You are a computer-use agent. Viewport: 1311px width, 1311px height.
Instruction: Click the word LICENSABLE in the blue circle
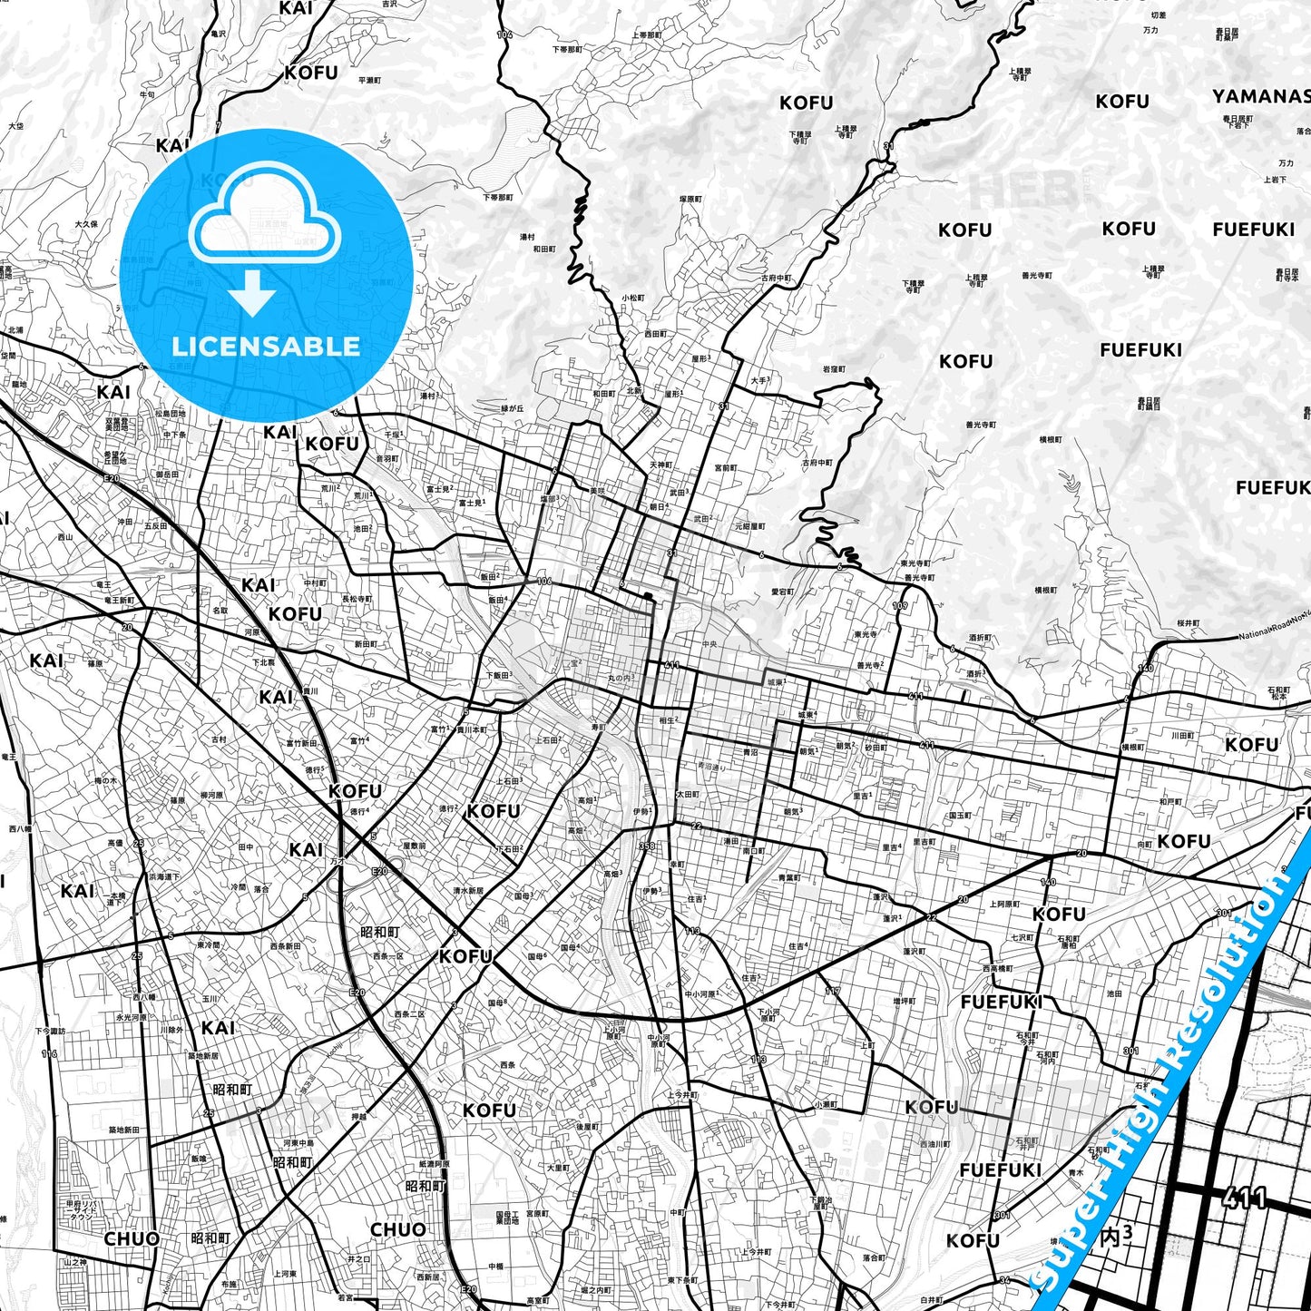point(266,346)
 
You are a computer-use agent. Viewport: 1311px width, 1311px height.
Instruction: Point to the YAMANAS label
point(1261,96)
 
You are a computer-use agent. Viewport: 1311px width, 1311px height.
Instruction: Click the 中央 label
point(709,645)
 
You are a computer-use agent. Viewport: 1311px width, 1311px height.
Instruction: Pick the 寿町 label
point(598,727)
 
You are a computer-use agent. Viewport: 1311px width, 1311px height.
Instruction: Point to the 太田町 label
point(688,794)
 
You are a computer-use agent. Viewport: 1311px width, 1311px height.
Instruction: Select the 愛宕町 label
point(782,592)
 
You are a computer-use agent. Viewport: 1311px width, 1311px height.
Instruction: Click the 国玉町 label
point(960,816)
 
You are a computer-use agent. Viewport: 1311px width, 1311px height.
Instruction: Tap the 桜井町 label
point(1189,623)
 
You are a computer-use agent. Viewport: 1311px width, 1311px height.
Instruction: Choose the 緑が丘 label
point(514,408)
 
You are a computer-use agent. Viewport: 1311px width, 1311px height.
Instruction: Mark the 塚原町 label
point(690,199)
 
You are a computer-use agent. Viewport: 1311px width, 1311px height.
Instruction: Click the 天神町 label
point(660,465)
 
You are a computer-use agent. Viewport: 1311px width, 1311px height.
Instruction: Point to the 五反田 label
point(155,525)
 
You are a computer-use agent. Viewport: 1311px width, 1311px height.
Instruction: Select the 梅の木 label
point(105,780)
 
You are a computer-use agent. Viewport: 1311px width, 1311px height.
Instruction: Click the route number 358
point(647,846)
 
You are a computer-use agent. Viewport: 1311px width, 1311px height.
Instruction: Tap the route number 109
point(900,605)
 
